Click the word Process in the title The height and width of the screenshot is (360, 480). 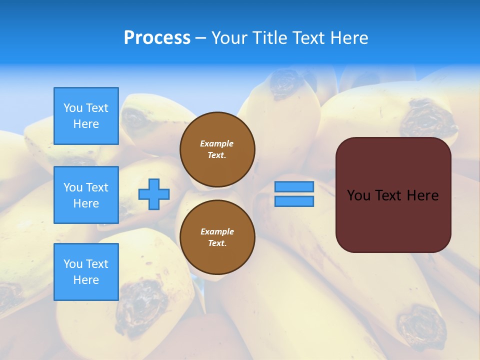(157, 38)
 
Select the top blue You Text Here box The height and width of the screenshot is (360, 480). (86, 116)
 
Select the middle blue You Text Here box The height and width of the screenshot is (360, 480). (86, 195)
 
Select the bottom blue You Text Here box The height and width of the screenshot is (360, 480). (86, 272)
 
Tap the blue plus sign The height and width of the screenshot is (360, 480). (154, 194)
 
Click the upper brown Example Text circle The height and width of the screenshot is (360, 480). (217, 149)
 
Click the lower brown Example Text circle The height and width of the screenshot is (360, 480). (217, 237)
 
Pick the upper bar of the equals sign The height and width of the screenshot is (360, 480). (294, 186)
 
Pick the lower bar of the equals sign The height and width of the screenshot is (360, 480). (294, 201)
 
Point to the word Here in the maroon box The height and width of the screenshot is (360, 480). (422, 195)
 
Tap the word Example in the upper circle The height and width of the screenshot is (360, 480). (216, 143)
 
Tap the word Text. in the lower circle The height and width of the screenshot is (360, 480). (217, 243)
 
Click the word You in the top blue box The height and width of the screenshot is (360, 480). (73, 108)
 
